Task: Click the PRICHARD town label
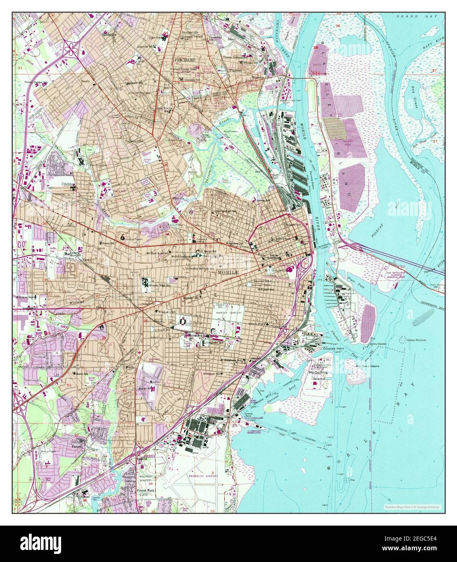click(185, 60)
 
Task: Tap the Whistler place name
click(109, 35)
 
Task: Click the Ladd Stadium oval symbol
click(184, 322)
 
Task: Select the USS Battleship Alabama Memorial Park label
click(395, 270)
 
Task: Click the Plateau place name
click(235, 70)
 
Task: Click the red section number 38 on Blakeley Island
click(315, 48)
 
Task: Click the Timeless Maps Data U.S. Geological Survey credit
click(412, 507)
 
